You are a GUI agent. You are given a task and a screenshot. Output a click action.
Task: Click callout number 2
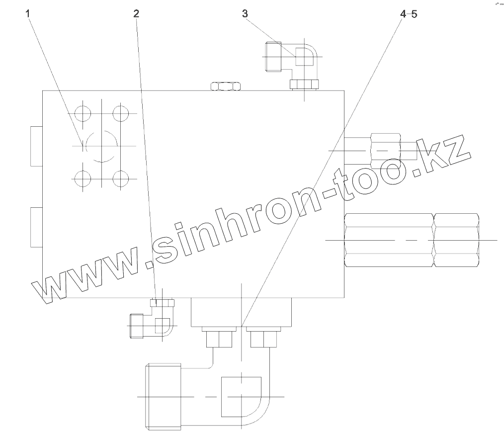pyautogui.click(x=136, y=14)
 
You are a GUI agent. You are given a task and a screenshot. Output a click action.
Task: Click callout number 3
pyautogui.click(x=245, y=14)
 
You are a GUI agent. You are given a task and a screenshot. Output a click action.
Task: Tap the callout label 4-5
pyautogui.click(x=409, y=14)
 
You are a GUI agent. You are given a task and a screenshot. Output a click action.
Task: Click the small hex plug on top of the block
pyautogui.click(x=226, y=86)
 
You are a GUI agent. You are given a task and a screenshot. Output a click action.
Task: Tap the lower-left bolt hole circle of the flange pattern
pyautogui.click(x=81, y=177)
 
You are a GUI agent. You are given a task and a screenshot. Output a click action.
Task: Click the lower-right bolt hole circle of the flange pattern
pyautogui.click(x=120, y=177)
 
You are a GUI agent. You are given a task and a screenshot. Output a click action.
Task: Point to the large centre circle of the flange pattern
pyautogui.click(x=101, y=146)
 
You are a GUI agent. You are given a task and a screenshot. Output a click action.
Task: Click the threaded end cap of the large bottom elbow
pyautogui.click(x=163, y=397)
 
